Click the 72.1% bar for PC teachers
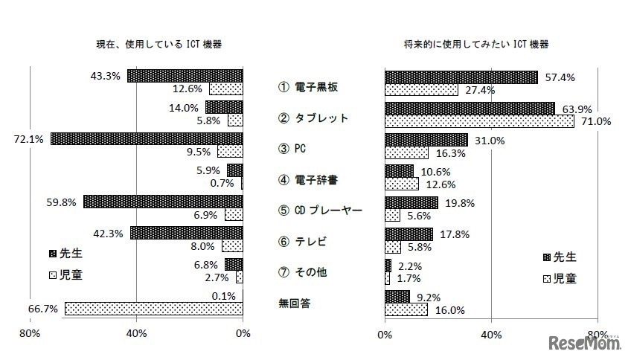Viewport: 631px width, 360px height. point(147,139)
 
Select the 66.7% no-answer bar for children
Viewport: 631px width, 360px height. point(153,308)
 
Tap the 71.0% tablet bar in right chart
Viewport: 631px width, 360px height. point(479,120)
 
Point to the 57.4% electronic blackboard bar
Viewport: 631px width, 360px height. point(461,77)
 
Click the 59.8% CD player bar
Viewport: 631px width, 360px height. point(163,202)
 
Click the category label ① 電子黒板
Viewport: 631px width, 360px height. point(308,87)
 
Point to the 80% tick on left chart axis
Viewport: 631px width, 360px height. point(30,333)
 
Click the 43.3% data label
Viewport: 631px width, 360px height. point(106,76)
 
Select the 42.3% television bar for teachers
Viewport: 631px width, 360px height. point(186,233)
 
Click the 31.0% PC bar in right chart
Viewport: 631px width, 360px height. point(426,140)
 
